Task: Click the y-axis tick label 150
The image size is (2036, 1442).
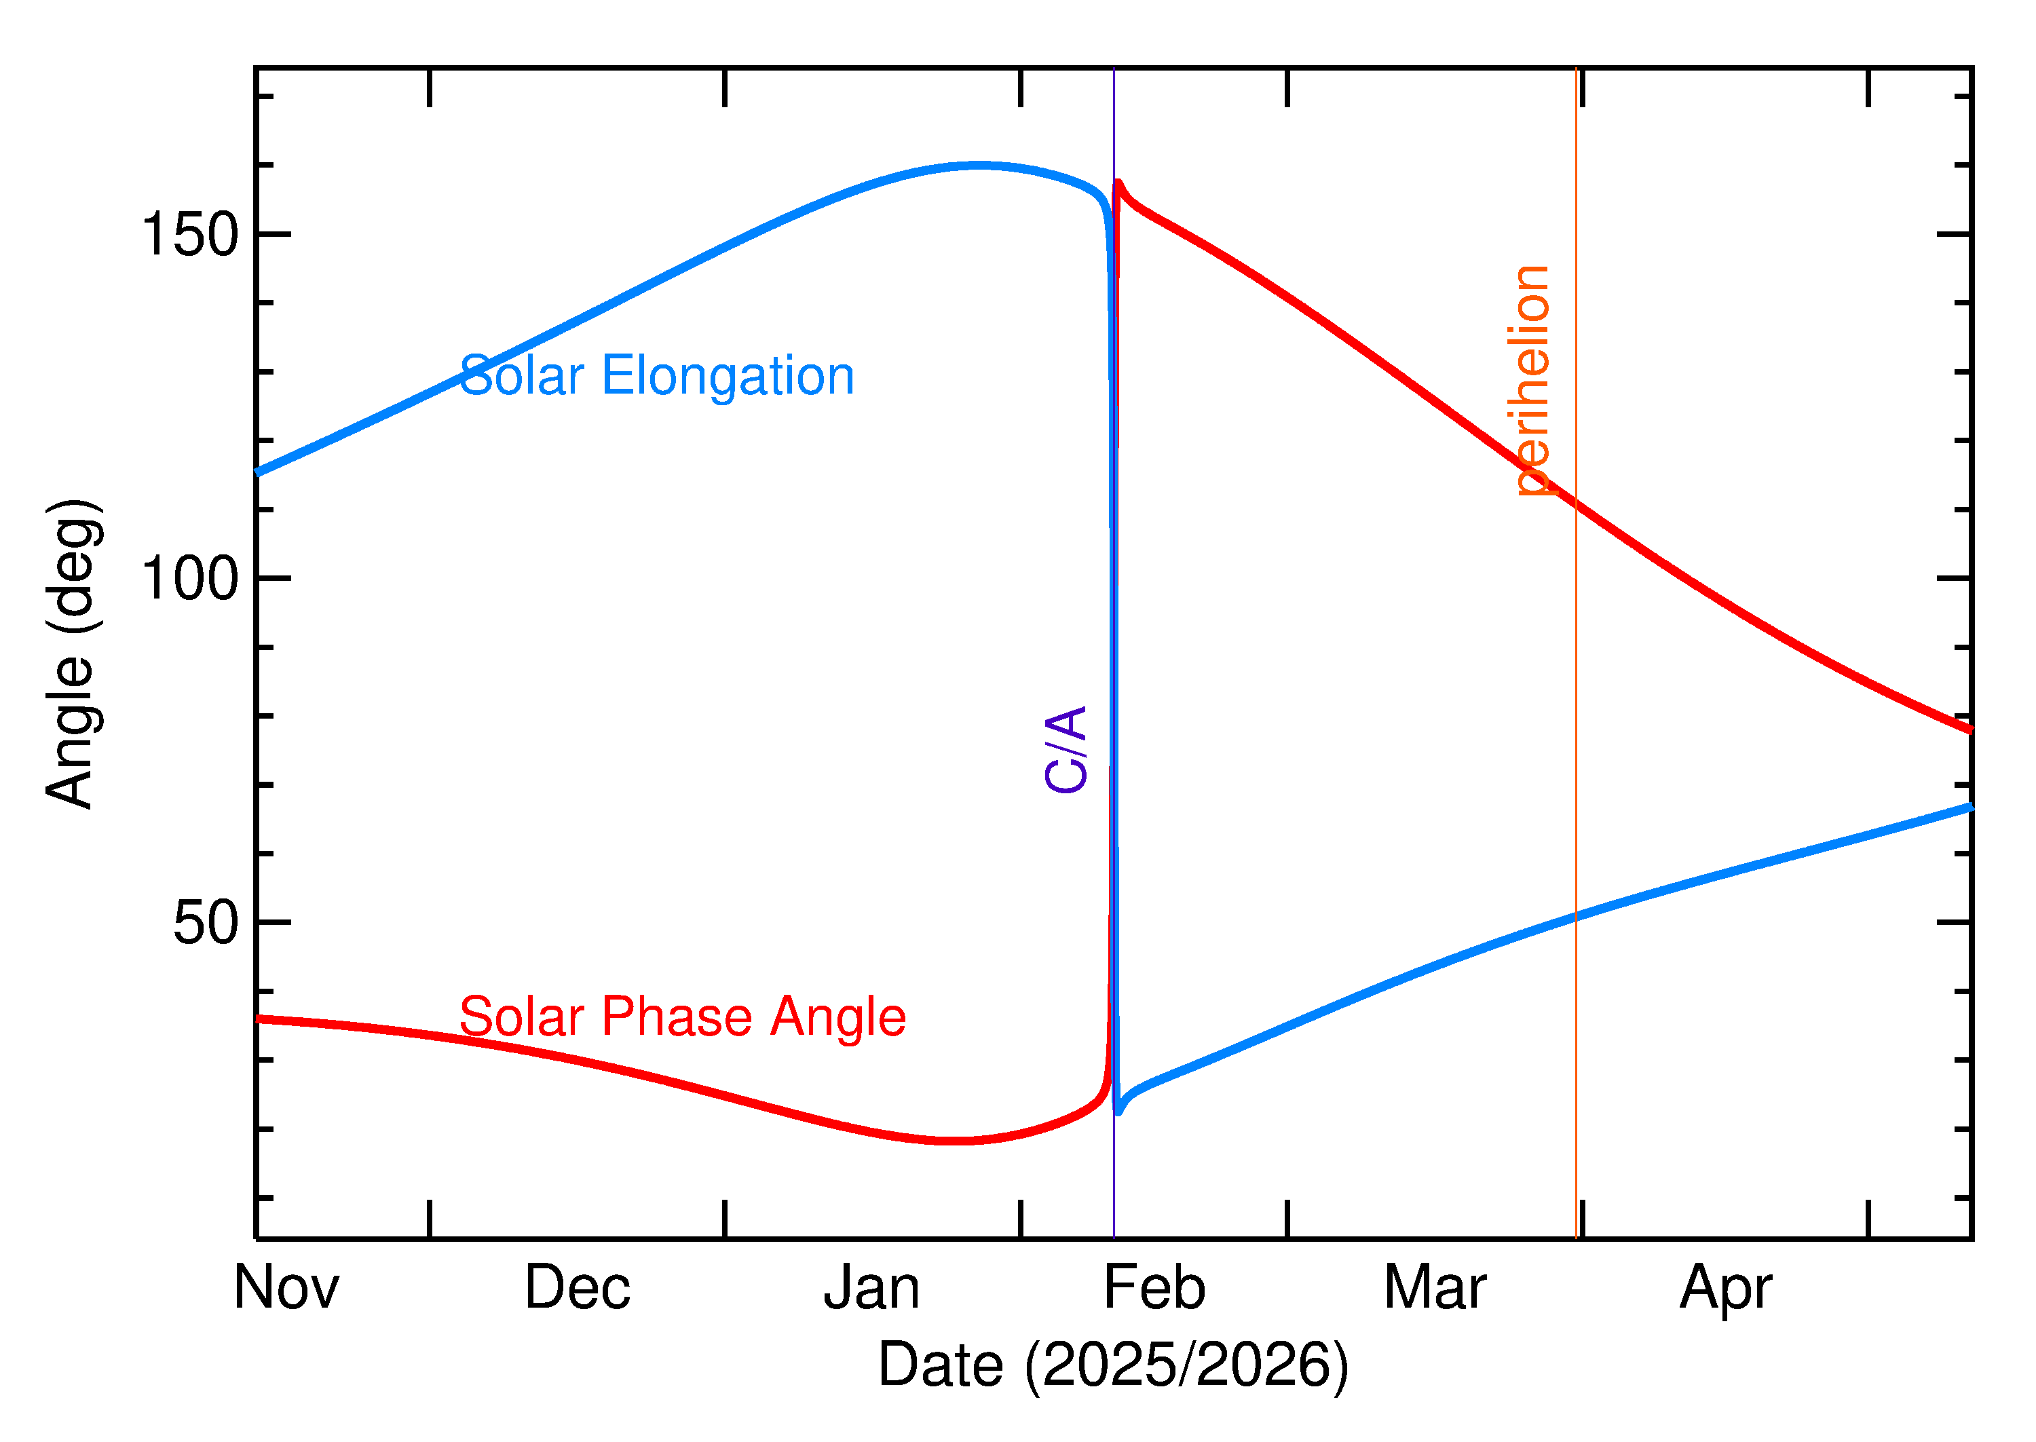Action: (x=190, y=235)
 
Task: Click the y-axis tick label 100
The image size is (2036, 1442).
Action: (x=190, y=579)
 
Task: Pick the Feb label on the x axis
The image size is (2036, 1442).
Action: (x=1154, y=1287)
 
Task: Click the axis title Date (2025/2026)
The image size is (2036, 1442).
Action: (x=1112, y=1365)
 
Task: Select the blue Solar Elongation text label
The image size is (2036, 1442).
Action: (x=656, y=375)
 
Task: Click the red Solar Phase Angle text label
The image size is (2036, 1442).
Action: (x=682, y=1017)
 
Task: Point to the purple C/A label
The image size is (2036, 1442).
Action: (x=1066, y=749)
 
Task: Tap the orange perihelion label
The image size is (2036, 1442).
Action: (x=1528, y=380)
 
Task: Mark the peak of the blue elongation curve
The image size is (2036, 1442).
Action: (x=977, y=165)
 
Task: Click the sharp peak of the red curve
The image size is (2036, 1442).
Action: (x=1118, y=183)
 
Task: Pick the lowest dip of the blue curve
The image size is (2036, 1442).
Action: (x=1118, y=1112)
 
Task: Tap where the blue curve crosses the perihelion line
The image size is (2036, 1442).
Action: (x=1576, y=916)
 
